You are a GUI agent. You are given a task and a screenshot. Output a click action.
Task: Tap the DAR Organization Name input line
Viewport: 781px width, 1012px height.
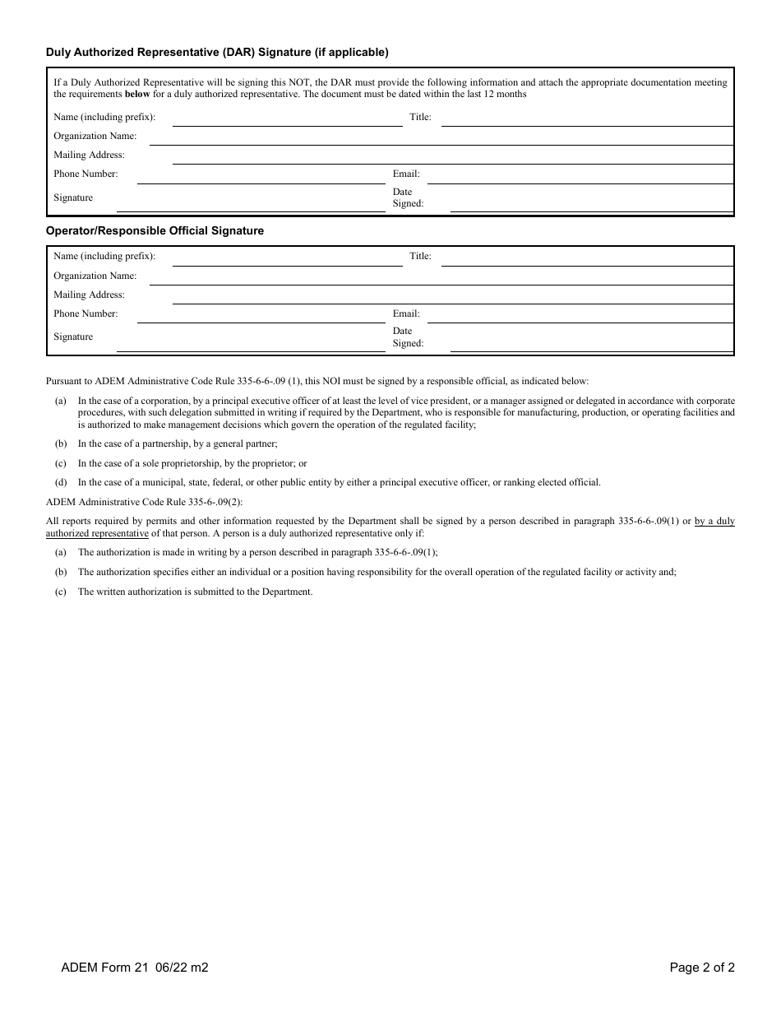pyautogui.click(x=441, y=137)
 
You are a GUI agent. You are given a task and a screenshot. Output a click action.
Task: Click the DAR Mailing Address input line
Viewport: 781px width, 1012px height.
pyautogui.click(x=452, y=156)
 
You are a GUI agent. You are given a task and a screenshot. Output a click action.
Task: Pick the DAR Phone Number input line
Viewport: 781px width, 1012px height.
pyautogui.click(x=261, y=175)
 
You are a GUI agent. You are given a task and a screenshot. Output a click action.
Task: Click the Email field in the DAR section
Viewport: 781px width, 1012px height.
pyautogui.click(x=580, y=175)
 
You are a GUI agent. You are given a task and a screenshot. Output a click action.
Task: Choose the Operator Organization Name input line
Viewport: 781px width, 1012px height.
pyautogui.click(x=441, y=277)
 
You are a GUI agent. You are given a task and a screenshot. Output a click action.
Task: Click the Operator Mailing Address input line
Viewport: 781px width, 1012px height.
pyautogui.click(x=452, y=296)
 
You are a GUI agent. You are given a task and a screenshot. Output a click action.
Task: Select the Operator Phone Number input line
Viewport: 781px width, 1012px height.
pyautogui.click(x=261, y=315)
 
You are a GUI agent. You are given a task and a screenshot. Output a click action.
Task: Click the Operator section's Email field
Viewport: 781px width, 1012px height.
pyautogui.click(x=580, y=315)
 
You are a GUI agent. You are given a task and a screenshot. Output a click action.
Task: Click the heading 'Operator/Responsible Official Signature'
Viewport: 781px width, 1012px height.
pyautogui.click(x=155, y=231)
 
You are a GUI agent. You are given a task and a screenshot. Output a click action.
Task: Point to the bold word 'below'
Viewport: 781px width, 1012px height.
pyautogui.click(x=137, y=95)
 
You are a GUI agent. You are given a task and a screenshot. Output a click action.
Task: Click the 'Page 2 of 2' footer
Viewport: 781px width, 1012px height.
pyautogui.click(x=702, y=968)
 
